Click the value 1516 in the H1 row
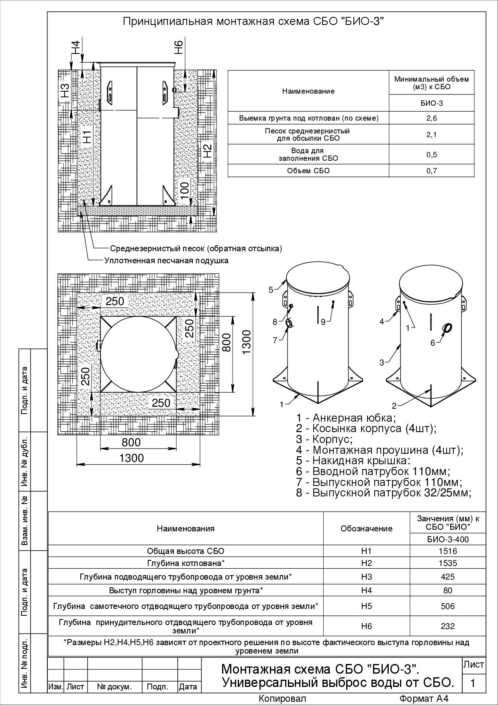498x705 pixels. (447, 551)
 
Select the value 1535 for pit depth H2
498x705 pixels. (447, 563)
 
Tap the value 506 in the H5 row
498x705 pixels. (447, 606)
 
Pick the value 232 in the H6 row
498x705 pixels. (447, 626)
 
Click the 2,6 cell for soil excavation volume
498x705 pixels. (431, 118)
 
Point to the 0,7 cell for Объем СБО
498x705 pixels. (431, 171)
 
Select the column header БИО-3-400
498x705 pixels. (447, 539)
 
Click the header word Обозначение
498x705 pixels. (366, 529)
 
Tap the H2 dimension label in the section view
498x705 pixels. (207, 151)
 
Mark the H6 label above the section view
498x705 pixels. (179, 47)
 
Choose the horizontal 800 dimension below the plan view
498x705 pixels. (131, 442)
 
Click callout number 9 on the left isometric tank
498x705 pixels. (323, 322)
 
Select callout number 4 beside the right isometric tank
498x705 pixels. (382, 322)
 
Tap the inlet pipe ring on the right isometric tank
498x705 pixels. (446, 328)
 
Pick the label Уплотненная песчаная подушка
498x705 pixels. (166, 260)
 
